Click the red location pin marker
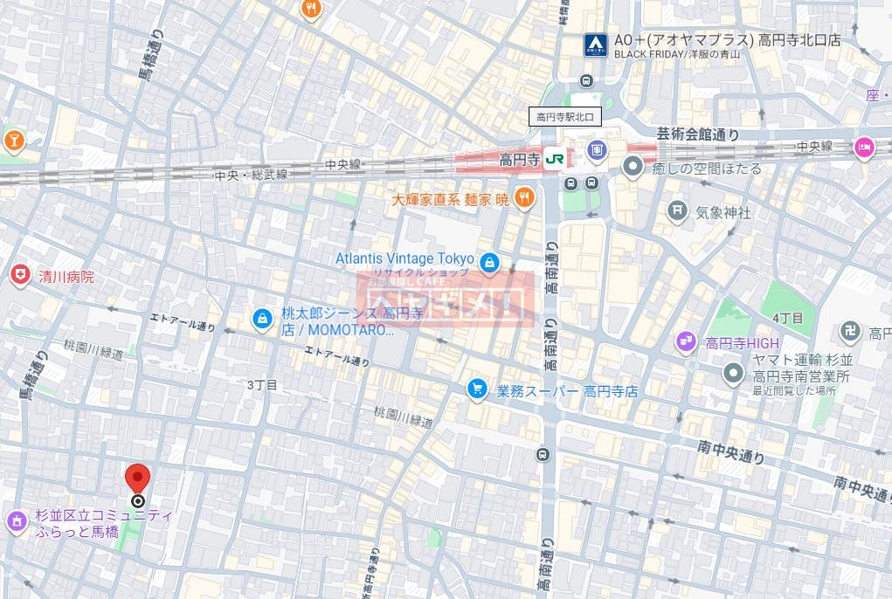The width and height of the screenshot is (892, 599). [138, 479]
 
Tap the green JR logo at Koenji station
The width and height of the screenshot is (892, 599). [554, 159]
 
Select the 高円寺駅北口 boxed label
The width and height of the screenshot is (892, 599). [565, 116]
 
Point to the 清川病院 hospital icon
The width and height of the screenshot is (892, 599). [19, 276]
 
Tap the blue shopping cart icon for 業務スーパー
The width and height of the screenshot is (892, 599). [477, 389]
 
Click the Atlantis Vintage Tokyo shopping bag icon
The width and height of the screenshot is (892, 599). [490, 260]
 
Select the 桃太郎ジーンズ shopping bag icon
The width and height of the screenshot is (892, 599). [261, 320]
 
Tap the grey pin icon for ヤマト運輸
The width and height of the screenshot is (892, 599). [732, 375]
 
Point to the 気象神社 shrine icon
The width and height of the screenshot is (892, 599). [677, 210]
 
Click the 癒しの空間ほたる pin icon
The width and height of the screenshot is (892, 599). [633, 167]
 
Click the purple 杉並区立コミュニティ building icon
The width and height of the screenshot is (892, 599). [16, 522]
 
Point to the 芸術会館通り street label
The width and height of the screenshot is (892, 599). [697, 134]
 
